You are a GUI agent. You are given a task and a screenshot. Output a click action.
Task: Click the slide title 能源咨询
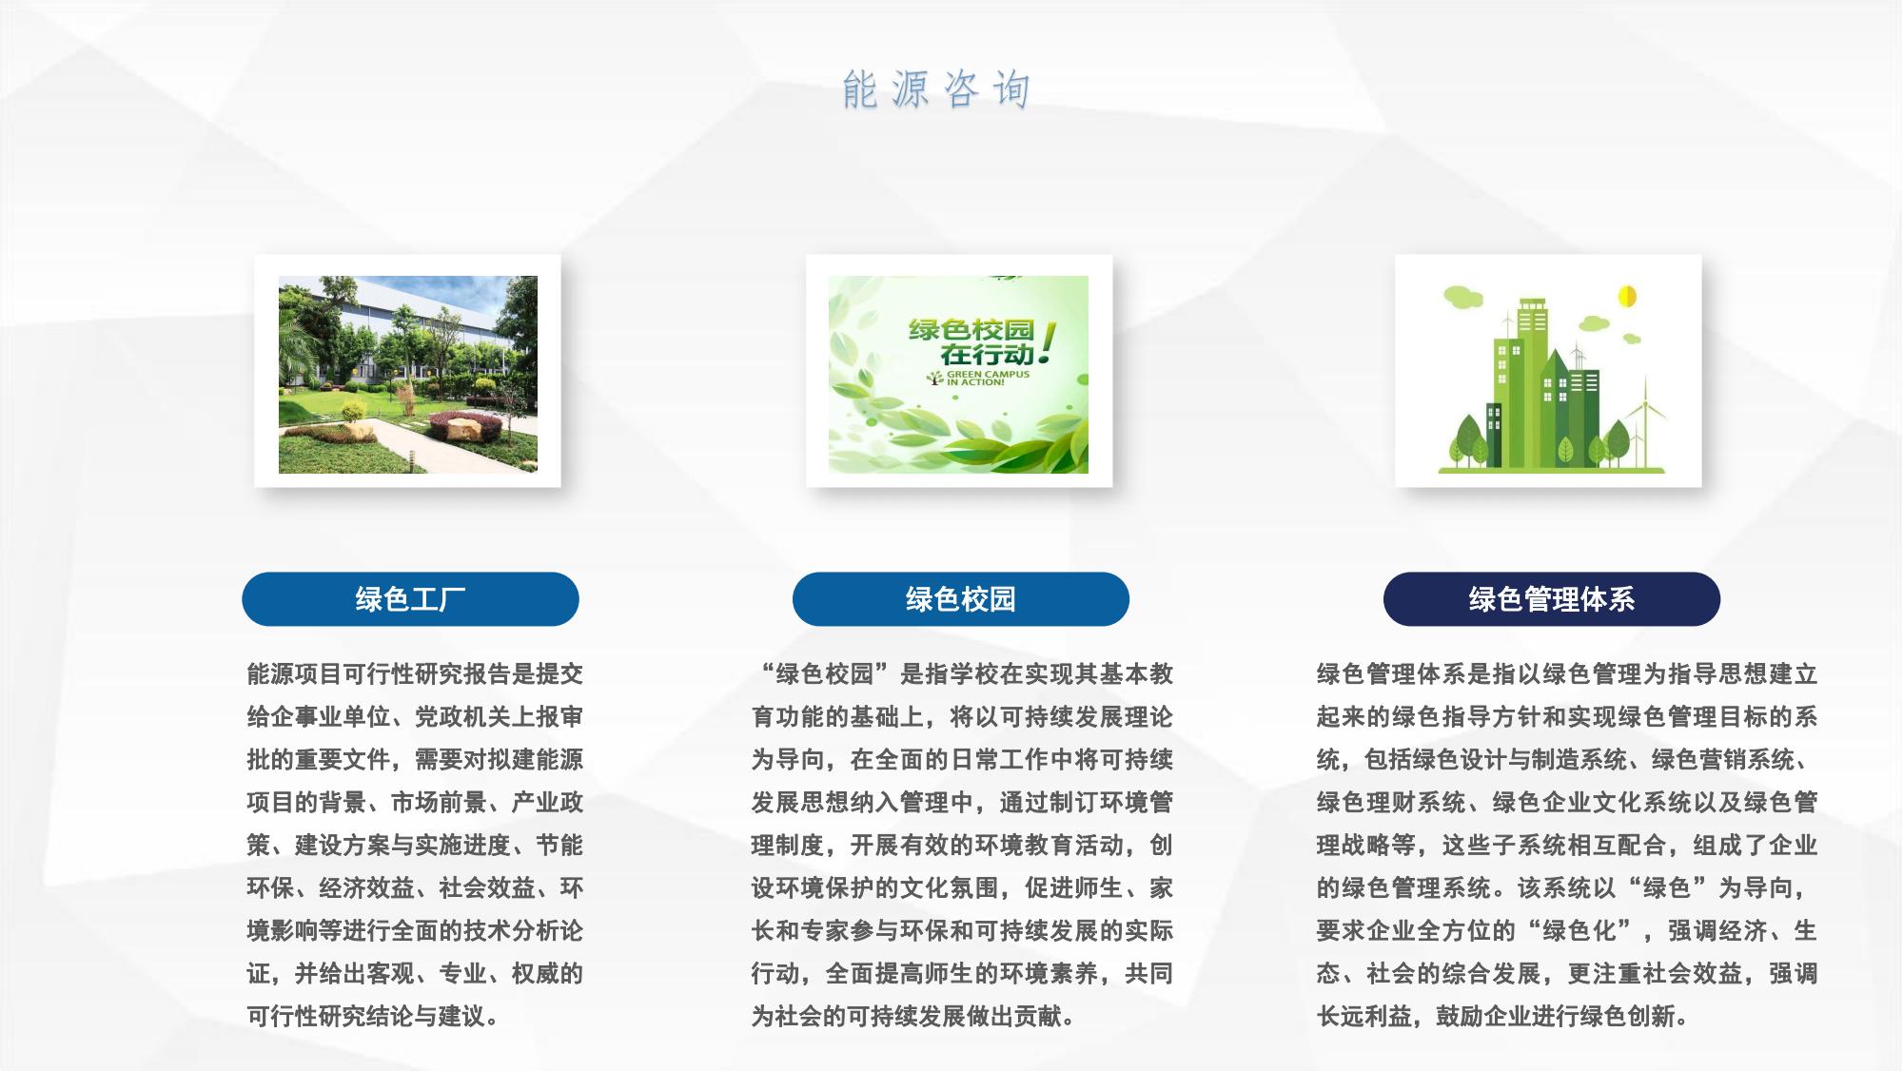pyautogui.click(x=936, y=89)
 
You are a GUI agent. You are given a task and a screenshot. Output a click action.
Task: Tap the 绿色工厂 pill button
pyautogui.click(x=410, y=599)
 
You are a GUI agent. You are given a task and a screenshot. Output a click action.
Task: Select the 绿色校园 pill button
pyautogui.click(x=961, y=599)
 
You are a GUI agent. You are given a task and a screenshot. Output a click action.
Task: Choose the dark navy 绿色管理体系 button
pyautogui.click(x=1552, y=599)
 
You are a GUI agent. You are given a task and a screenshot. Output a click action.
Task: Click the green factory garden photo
pyautogui.click(x=408, y=375)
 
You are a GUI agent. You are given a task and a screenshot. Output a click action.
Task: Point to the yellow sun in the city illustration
pyautogui.click(x=1627, y=296)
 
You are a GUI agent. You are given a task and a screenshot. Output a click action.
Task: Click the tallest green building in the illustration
pyautogui.click(x=1531, y=380)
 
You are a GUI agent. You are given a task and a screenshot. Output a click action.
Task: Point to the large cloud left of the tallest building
pyautogui.click(x=1463, y=297)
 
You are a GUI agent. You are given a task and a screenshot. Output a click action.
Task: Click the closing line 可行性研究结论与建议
pyautogui.click(x=373, y=1017)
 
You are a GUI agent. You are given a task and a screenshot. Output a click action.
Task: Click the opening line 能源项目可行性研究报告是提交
pyautogui.click(x=415, y=674)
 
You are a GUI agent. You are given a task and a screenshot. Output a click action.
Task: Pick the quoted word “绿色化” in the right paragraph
pyautogui.click(x=1579, y=931)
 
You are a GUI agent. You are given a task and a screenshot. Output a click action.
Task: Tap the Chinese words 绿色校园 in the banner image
pyautogui.click(x=971, y=330)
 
